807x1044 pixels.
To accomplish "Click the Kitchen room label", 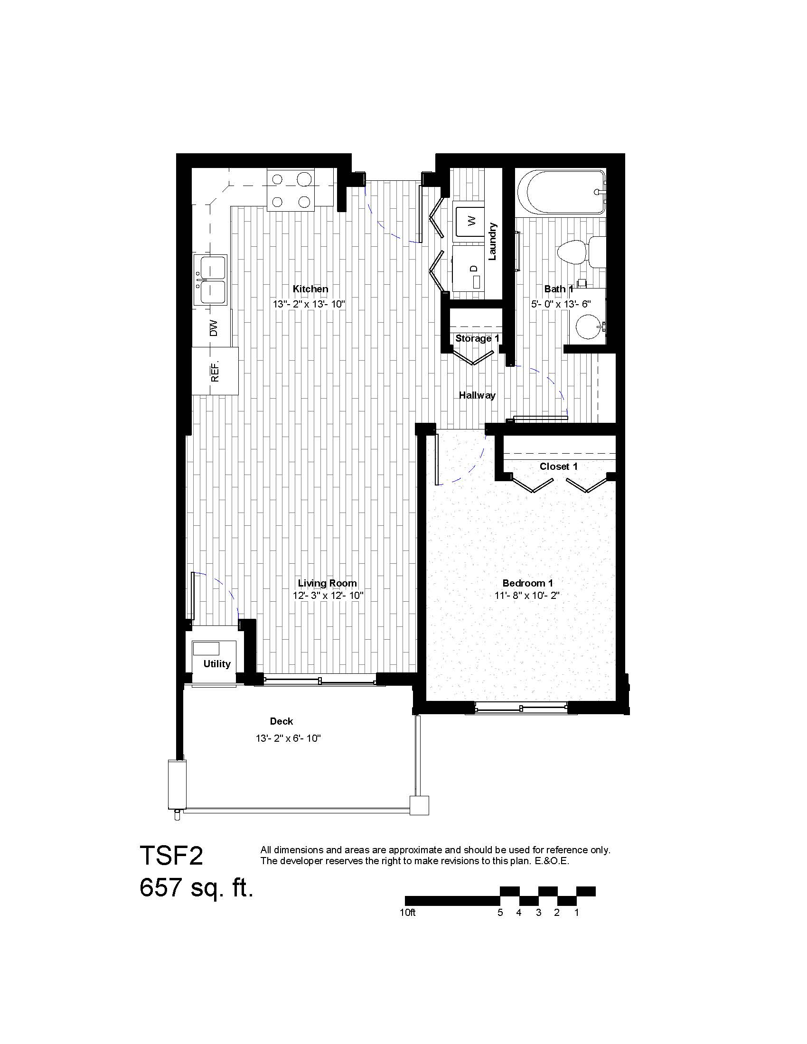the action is (310, 289).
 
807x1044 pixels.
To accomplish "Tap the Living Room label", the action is (327, 583).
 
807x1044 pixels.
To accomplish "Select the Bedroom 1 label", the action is (527, 583).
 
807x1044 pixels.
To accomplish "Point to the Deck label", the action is (281, 721).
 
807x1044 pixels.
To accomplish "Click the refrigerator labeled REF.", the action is (215, 371).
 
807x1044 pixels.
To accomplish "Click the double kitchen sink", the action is (211, 279).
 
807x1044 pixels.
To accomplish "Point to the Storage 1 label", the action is (477, 338).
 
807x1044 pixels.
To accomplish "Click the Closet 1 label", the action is (558, 466).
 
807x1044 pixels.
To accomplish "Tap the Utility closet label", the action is (216, 663).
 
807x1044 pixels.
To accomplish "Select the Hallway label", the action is (477, 395).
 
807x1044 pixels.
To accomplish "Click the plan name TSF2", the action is (171, 855).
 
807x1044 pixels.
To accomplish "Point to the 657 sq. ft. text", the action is (196, 888).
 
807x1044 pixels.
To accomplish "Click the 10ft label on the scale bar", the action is (408, 912).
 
